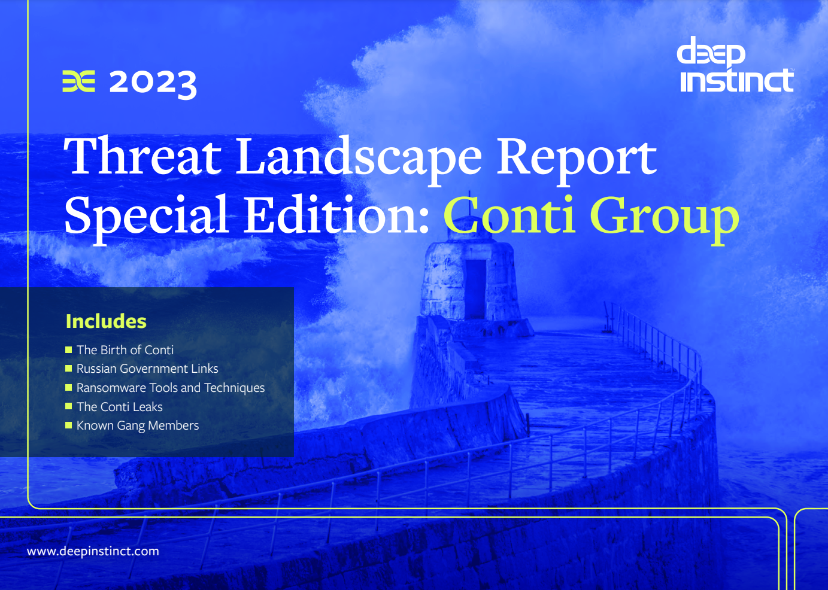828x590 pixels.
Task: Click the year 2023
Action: click(153, 84)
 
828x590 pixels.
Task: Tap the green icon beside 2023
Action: click(79, 81)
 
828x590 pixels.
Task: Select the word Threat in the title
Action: click(142, 156)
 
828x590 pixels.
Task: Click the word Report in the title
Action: click(577, 161)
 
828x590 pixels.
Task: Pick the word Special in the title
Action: click(146, 219)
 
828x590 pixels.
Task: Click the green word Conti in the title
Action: click(509, 215)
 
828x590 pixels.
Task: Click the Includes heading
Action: click(106, 321)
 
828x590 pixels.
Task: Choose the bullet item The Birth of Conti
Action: click(125, 350)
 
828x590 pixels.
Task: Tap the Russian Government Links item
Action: click(147, 369)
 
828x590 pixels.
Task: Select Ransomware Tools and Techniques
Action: click(171, 388)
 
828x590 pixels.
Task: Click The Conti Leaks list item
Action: click(119, 407)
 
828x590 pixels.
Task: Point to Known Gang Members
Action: click(138, 425)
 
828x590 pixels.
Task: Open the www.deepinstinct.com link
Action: click(93, 551)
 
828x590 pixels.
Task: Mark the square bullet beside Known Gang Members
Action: click(68, 425)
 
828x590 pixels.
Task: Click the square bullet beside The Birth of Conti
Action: click(68, 349)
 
